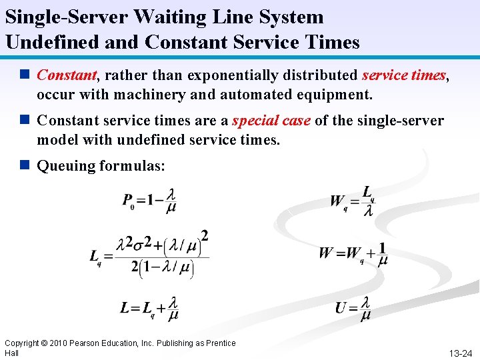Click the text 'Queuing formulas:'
tap(101, 165)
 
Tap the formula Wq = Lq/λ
tap(353, 201)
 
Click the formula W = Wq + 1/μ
tap(353, 254)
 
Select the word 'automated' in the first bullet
tap(251, 95)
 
